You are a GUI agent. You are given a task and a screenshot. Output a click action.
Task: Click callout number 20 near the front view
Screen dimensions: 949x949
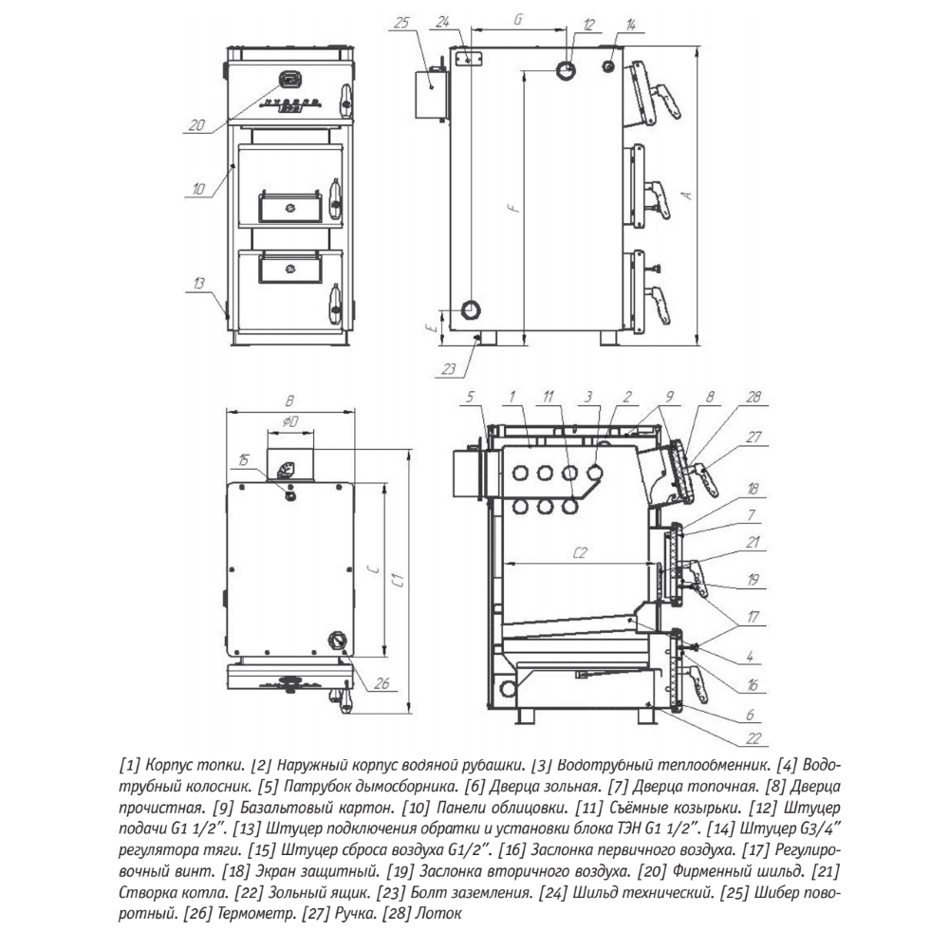tap(196, 123)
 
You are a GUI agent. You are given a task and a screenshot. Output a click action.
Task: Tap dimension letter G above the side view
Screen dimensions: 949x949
tap(518, 19)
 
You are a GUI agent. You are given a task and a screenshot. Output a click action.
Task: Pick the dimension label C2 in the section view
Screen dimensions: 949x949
tap(579, 552)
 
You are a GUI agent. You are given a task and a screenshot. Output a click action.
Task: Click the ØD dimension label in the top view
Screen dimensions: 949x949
tap(290, 419)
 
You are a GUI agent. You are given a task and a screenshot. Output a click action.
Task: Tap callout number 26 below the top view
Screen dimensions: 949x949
tap(383, 683)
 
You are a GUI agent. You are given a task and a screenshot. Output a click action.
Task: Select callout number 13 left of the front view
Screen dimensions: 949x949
tap(197, 284)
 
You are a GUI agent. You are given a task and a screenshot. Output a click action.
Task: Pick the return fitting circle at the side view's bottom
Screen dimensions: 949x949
tap(471, 309)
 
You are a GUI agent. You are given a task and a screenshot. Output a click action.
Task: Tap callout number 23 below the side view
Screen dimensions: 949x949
tap(449, 368)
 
